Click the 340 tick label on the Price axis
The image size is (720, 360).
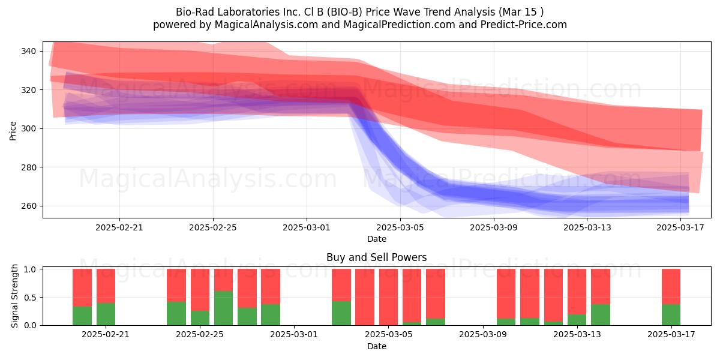click(x=28, y=51)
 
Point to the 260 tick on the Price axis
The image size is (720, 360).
click(x=28, y=206)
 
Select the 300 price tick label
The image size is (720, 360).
click(x=28, y=128)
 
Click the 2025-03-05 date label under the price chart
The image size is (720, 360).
click(x=400, y=227)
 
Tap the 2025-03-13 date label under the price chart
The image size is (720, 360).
click(x=587, y=227)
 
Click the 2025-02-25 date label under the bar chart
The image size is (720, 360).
click(x=200, y=335)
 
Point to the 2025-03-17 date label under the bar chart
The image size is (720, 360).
click(x=671, y=335)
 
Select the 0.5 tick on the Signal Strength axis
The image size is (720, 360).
click(x=30, y=298)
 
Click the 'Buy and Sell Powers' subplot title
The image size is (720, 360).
click(x=377, y=257)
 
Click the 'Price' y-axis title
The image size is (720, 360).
click(x=13, y=131)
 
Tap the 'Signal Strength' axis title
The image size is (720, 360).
click(x=14, y=296)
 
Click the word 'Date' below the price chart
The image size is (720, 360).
click(x=377, y=239)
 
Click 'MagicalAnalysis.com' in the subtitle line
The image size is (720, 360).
click(x=266, y=25)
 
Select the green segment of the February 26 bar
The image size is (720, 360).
click(x=223, y=308)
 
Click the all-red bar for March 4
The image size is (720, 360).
click(x=365, y=298)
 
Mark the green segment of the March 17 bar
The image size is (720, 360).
click(x=671, y=315)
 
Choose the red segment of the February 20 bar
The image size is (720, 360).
click(x=106, y=286)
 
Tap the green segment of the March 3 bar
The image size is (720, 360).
click(x=341, y=313)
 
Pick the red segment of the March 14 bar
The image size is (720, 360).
click(x=601, y=287)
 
